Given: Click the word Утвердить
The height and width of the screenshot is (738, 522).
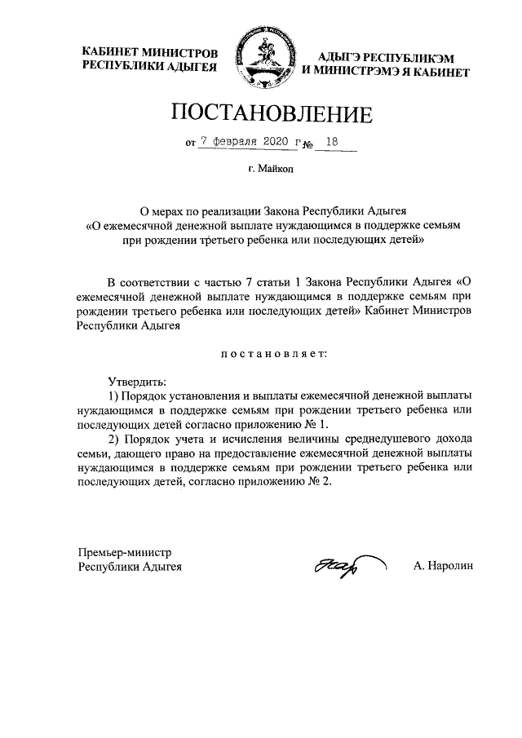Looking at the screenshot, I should [135, 382].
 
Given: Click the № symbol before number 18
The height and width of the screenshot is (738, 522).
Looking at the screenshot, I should [307, 144].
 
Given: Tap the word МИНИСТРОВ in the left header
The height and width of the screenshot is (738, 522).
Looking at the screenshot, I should [184, 52].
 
